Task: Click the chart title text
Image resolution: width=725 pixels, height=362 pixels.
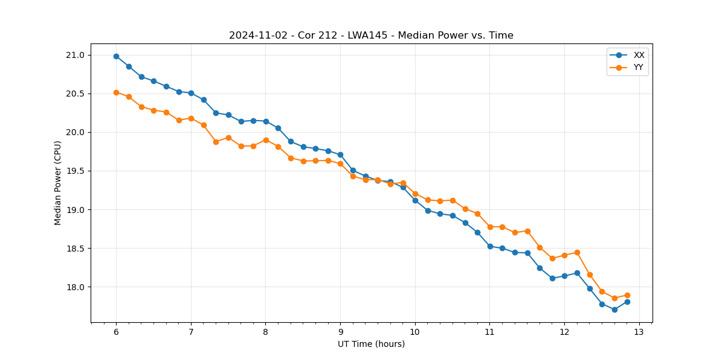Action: [x=371, y=36]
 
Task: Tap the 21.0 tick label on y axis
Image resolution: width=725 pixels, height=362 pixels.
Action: [x=76, y=56]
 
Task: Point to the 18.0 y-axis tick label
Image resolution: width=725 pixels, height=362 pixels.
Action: [x=76, y=287]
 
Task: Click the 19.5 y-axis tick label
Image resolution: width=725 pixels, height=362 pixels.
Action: [x=76, y=171]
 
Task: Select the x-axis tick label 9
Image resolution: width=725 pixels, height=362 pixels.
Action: [x=340, y=332]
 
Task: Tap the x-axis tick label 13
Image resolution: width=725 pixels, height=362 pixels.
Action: [x=639, y=332]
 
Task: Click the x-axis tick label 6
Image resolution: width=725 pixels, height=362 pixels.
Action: [x=116, y=332]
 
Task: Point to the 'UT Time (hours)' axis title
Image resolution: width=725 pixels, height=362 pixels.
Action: [x=371, y=344]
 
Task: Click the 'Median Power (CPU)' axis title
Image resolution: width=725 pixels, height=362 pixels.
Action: [x=58, y=183]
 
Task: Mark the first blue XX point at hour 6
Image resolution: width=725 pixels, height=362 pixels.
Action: [x=116, y=56]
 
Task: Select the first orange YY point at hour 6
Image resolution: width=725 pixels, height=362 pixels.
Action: [x=116, y=92]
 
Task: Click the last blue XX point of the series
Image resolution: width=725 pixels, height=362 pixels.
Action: [x=627, y=302]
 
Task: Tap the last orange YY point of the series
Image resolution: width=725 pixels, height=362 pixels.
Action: [x=627, y=295]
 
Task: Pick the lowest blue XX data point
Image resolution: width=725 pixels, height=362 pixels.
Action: [x=614, y=310]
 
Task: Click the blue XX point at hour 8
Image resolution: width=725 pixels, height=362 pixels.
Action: [x=266, y=121]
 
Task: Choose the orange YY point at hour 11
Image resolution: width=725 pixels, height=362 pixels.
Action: [x=490, y=227]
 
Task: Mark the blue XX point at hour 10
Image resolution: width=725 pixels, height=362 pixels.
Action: [x=415, y=200]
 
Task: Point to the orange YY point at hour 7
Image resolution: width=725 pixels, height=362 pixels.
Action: [x=191, y=118]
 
